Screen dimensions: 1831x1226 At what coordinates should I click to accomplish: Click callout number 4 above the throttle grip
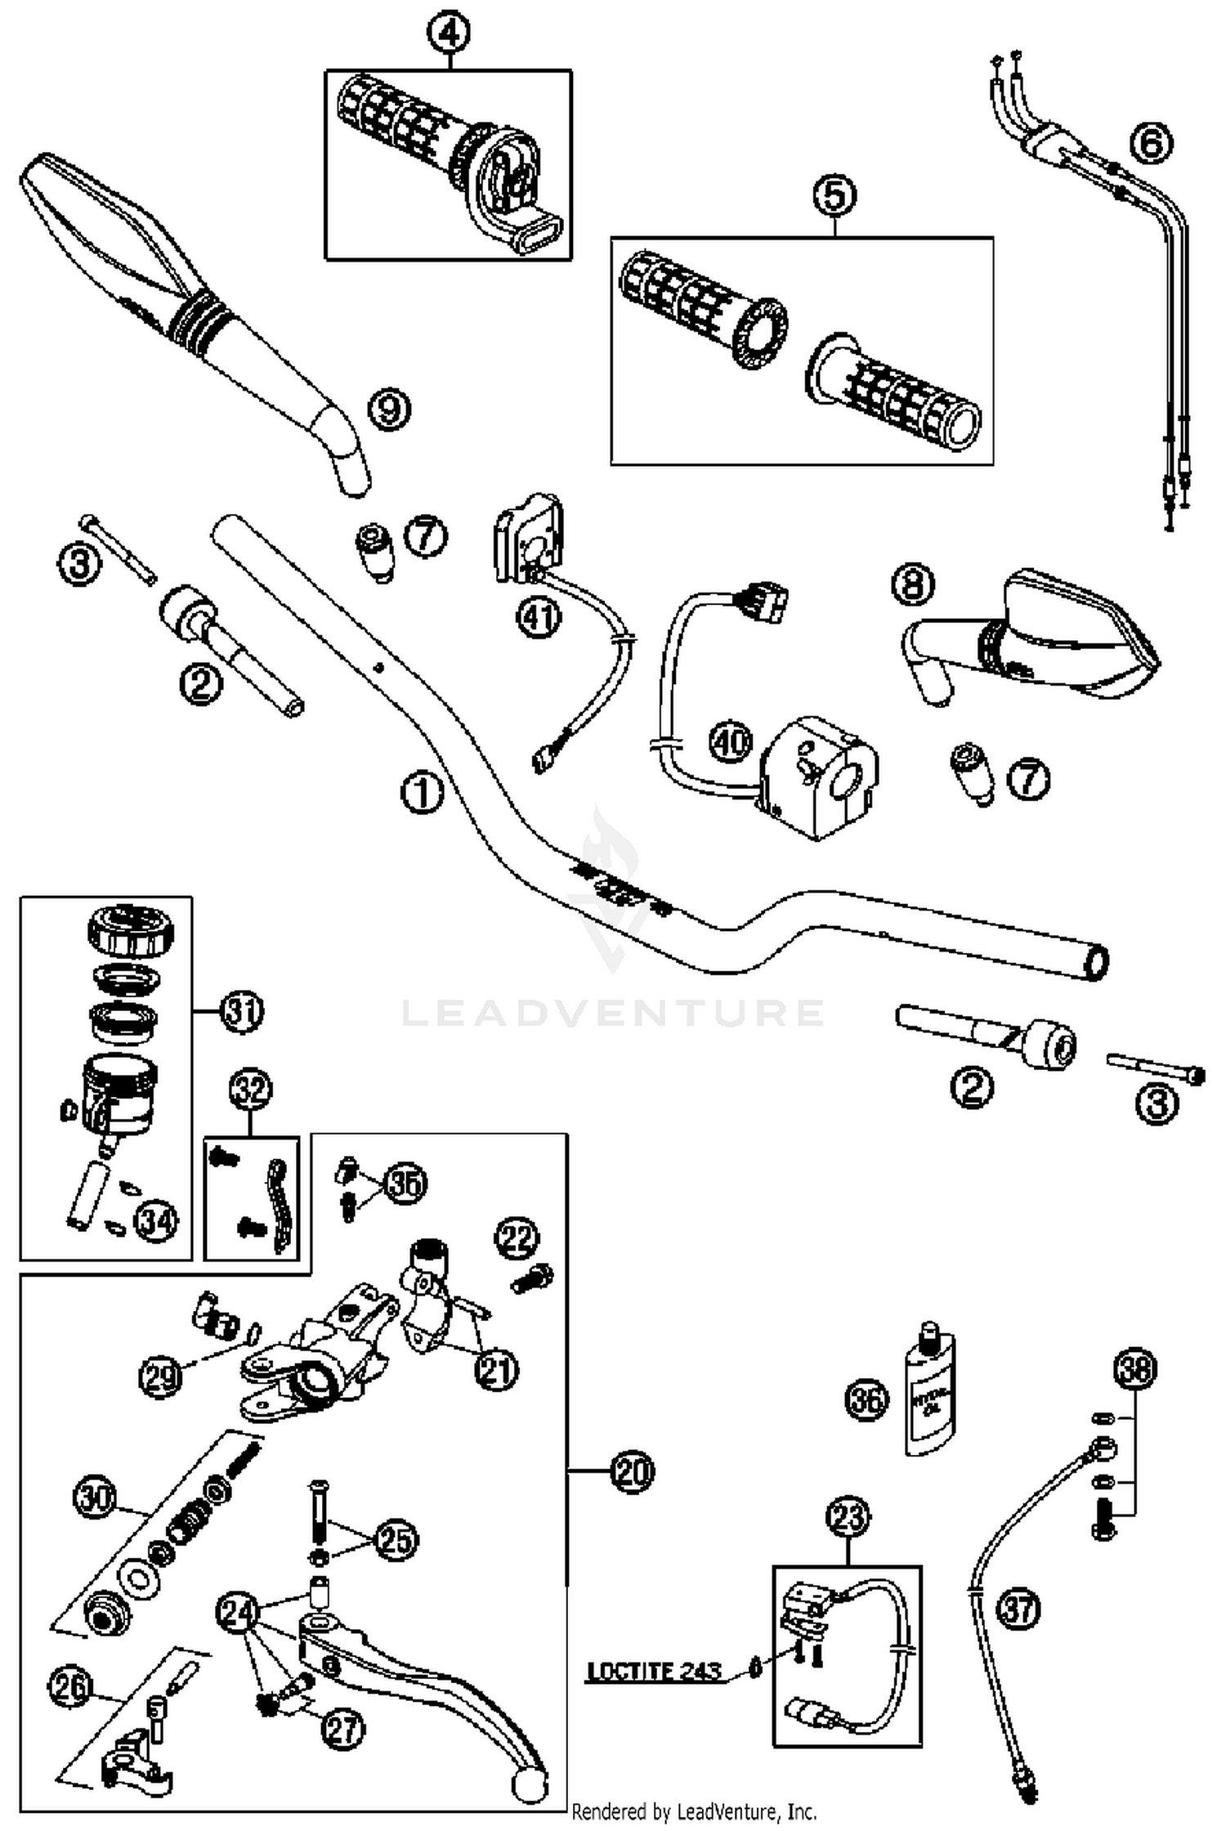(449, 34)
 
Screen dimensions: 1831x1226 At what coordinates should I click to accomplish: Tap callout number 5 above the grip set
(834, 196)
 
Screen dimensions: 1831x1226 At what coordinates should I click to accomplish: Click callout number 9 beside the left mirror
(389, 409)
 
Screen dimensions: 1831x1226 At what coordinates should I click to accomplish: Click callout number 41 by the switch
(539, 617)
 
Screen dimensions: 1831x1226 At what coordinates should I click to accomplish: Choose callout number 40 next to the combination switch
(730, 742)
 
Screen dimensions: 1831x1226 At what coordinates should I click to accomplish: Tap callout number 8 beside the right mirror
(913, 584)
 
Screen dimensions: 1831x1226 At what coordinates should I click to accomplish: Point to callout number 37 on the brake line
(1018, 1609)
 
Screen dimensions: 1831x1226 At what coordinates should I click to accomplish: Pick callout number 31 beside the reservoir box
(243, 1011)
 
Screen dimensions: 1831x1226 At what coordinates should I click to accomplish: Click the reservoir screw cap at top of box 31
(129, 929)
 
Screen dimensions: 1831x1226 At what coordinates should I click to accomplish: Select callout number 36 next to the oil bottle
(866, 1400)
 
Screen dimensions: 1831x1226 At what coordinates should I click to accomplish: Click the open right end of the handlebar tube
(1096, 964)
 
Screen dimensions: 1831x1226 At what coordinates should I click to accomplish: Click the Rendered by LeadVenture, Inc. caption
(694, 1812)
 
